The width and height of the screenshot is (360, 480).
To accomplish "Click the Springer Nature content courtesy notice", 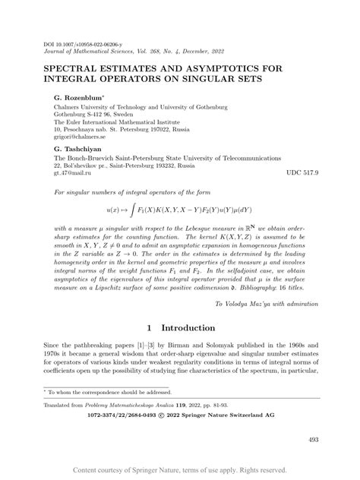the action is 180,470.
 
